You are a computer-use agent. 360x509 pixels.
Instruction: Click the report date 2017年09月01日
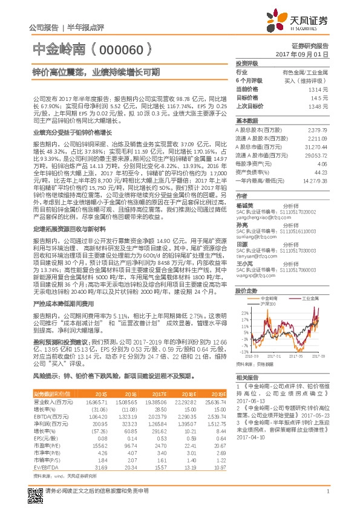click(x=308, y=54)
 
